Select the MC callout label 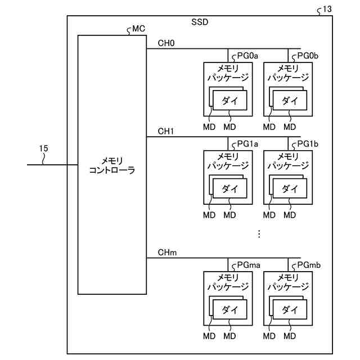[138, 29]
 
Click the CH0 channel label [166, 43]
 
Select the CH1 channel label [166, 132]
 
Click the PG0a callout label [247, 55]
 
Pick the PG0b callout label [308, 55]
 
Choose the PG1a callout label [247, 143]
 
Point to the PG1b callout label [308, 143]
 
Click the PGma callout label [248, 264]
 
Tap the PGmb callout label [309, 264]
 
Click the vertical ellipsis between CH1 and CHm [259, 234]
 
